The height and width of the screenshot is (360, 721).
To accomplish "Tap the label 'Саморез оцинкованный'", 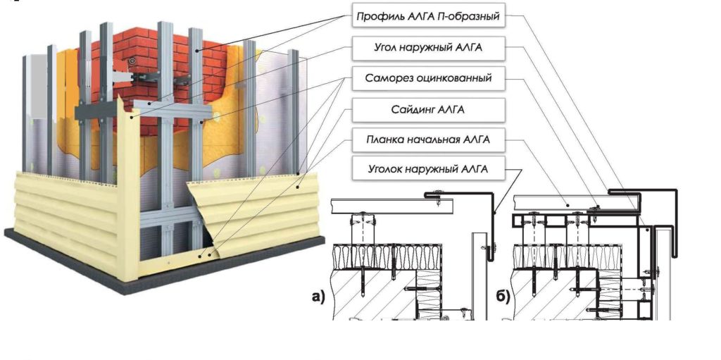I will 427,78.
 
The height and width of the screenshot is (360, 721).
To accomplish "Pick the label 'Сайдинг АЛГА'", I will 427,109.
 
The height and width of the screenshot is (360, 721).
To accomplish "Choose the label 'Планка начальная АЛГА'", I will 427,139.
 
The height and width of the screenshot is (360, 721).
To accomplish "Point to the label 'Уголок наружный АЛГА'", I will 427,169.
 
